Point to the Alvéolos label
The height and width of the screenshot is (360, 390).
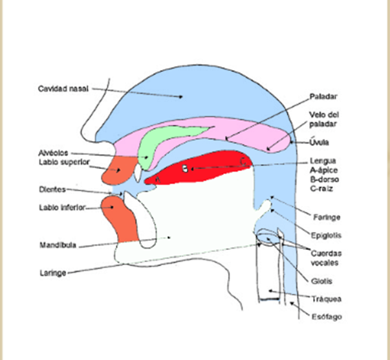pyautogui.click(x=54, y=152)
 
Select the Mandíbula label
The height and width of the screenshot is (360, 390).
pyautogui.click(x=56, y=245)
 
